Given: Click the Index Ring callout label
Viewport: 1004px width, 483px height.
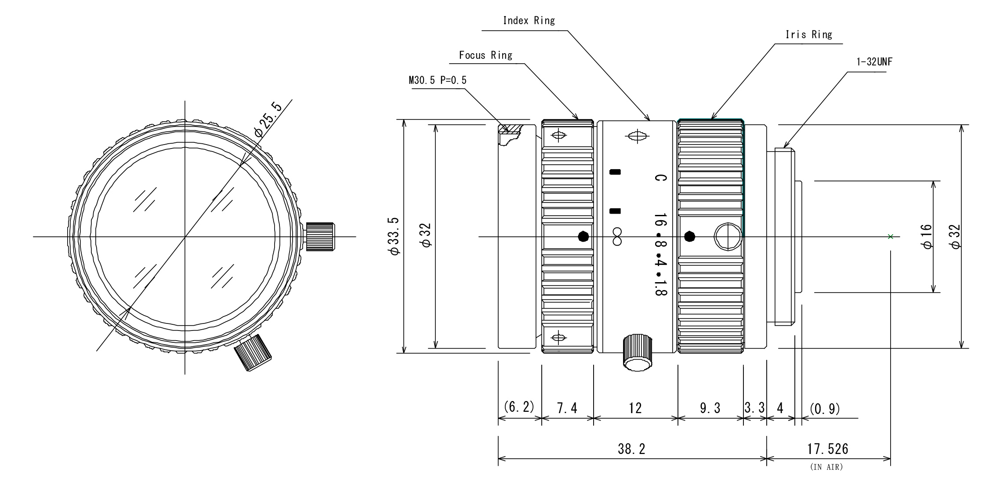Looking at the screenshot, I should [529, 21].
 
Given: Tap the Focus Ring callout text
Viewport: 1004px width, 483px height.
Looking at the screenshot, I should [486, 55].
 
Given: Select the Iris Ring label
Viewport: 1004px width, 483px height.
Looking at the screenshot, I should [808, 35].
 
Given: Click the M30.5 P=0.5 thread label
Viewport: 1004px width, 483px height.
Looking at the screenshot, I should [438, 80].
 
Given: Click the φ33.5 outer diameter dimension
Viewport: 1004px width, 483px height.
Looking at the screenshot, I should [394, 236].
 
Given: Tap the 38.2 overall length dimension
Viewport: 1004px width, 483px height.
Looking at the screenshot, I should [631, 449].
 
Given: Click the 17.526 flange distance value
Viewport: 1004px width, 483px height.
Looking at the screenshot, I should [827, 449].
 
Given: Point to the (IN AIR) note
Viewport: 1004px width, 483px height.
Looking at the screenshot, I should [826, 467].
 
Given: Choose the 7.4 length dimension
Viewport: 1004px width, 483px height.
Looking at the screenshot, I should [567, 409].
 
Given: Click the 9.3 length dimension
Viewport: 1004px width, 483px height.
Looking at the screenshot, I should [710, 409].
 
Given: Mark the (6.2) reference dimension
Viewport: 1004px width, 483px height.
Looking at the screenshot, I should [519, 407].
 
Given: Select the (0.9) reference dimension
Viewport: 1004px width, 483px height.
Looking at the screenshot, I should [824, 409].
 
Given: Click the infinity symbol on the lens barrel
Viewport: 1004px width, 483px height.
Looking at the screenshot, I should [617, 236].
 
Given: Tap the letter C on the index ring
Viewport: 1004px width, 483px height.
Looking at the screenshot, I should [660, 178].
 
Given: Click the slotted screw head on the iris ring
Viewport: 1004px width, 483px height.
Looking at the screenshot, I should [728, 236].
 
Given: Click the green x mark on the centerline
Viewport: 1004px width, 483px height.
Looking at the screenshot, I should [890, 236].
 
